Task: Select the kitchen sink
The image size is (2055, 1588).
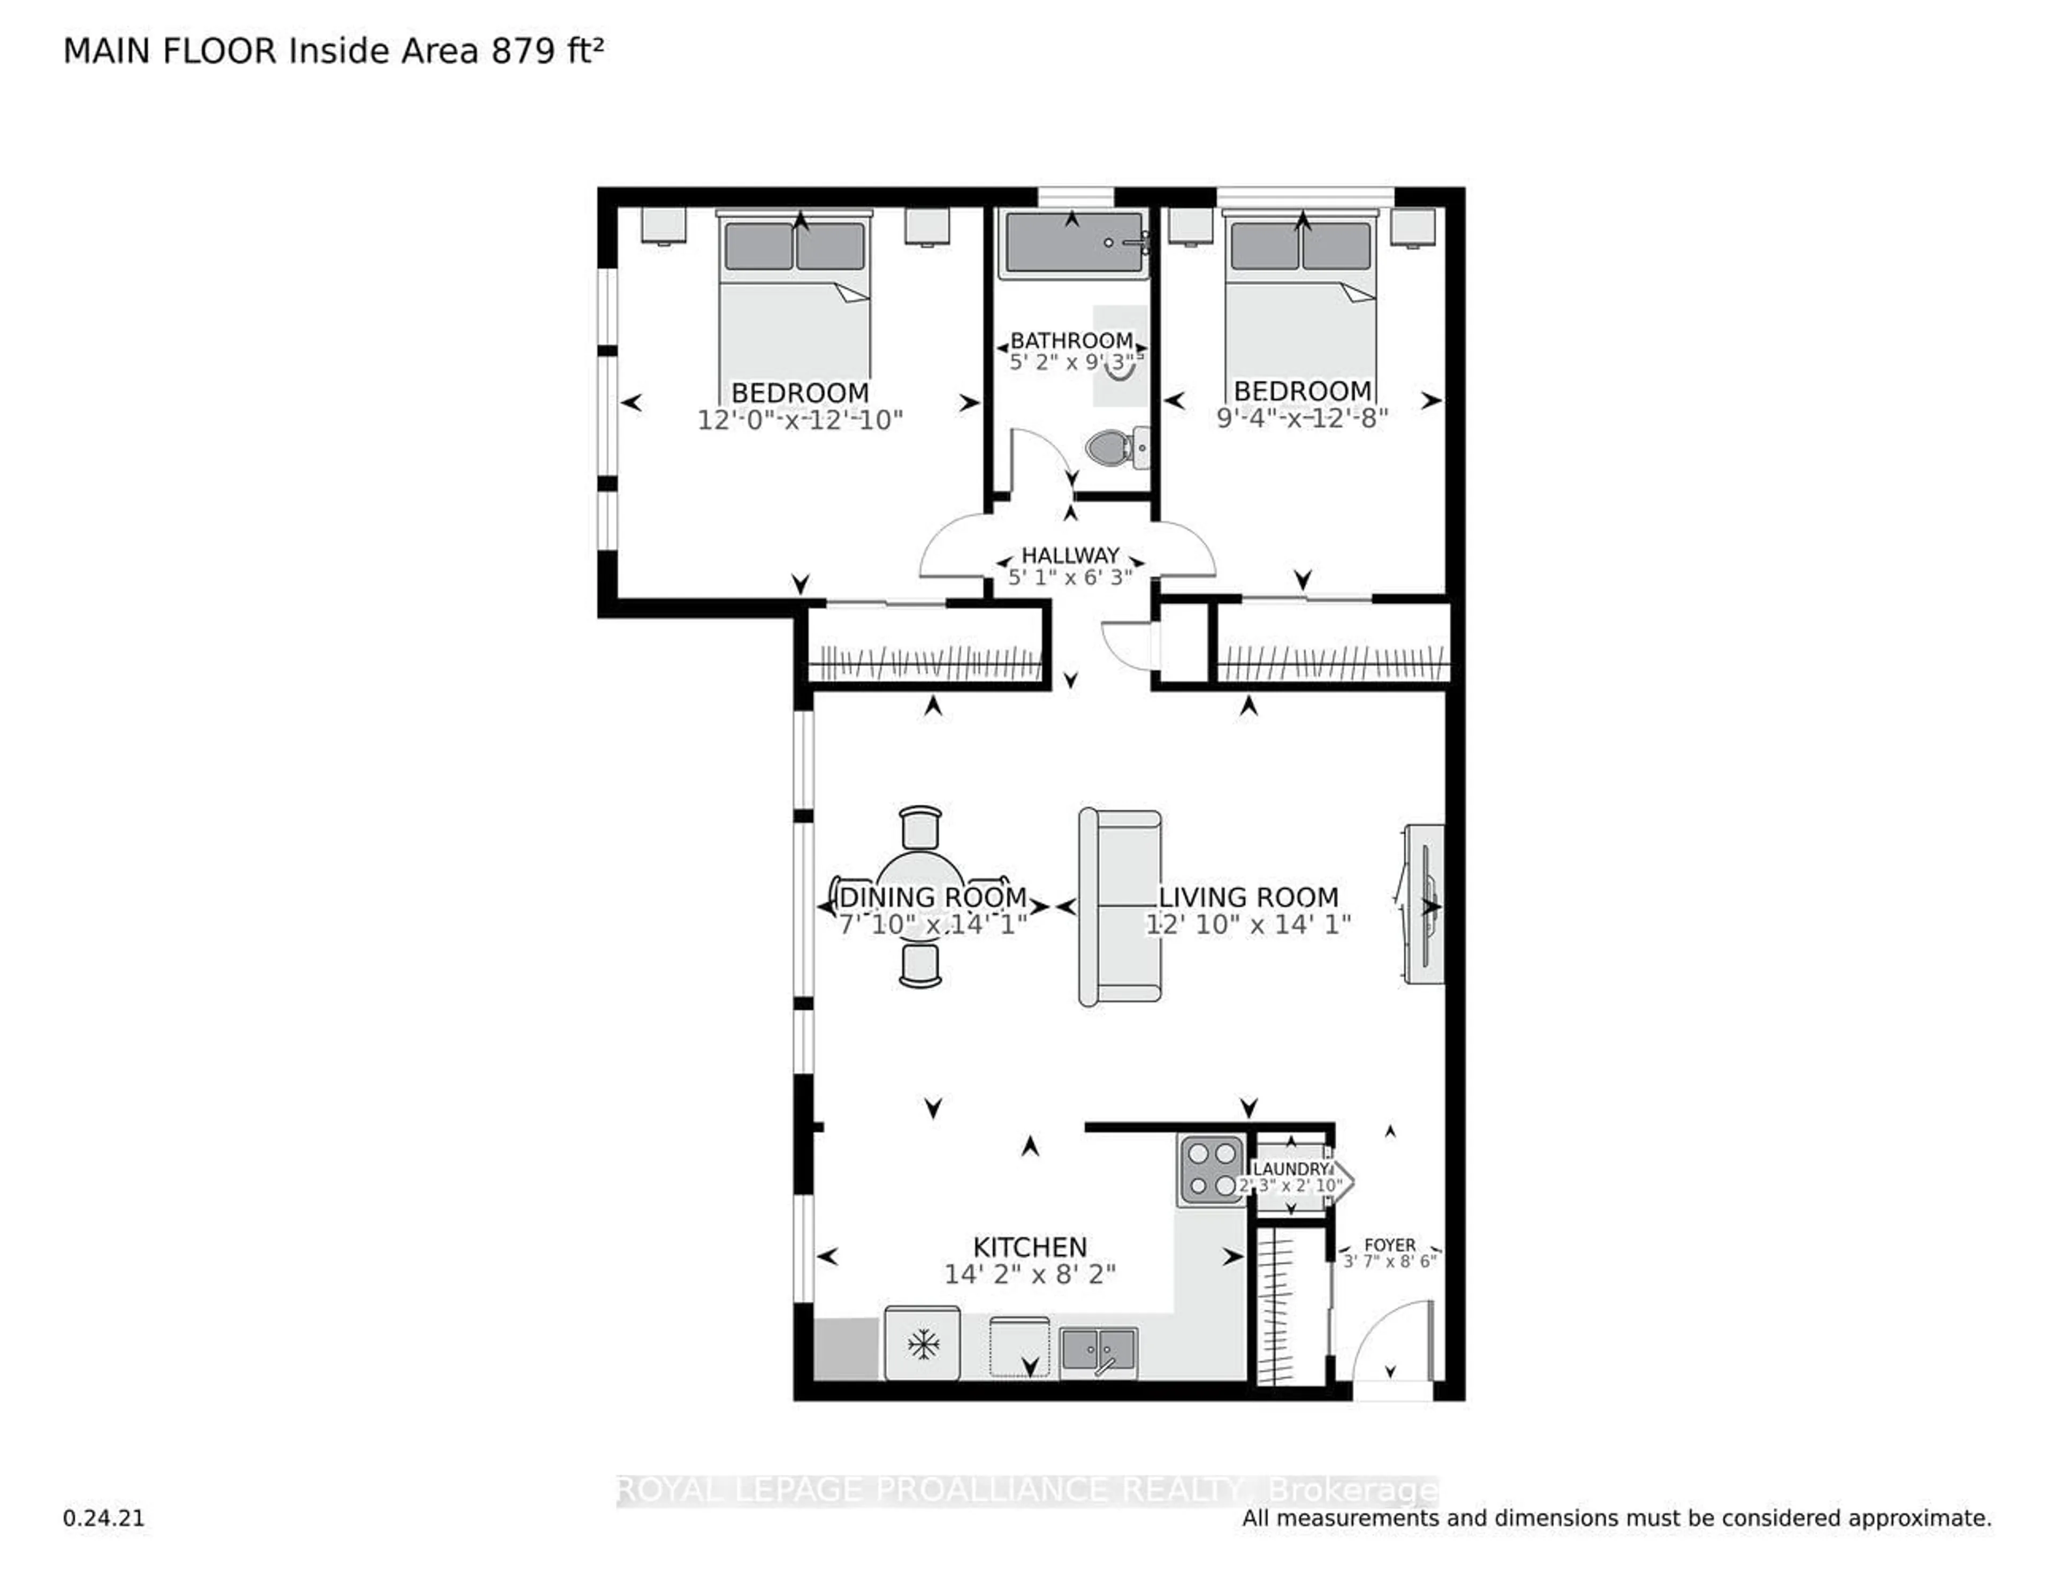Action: pyautogui.click(x=1098, y=1353)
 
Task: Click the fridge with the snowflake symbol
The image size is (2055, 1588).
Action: pyautogui.click(x=922, y=1343)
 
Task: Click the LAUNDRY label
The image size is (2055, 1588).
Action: pyautogui.click(x=1290, y=1169)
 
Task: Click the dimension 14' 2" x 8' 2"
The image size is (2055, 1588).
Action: pyautogui.click(x=1030, y=1274)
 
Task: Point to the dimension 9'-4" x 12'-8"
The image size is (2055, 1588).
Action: pyautogui.click(x=1302, y=418)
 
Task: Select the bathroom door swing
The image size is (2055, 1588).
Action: pyautogui.click(x=1040, y=461)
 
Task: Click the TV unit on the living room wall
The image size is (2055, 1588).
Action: pyautogui.click(x=1424, y=905)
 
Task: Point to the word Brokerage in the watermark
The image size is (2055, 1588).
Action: pyautogui.click(x=1353, y=1490)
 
